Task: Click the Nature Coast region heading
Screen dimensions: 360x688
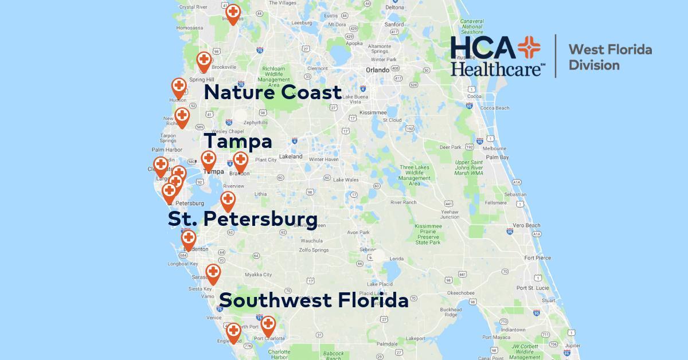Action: (x=272, y=92)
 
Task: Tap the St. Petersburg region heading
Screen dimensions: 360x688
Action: (x=243, y=218)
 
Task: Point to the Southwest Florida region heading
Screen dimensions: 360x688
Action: (x=314, y=300)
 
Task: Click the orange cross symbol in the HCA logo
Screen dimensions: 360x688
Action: (x=529, y=49)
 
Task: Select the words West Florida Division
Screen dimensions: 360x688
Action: (x=609, y=57)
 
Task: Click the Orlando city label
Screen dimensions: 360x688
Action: (x=377, y=70)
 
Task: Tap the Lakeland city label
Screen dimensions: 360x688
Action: (x=291, y=156)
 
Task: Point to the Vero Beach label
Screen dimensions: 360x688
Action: (x=527, y=225)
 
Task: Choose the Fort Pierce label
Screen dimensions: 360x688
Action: (x=538, y=258)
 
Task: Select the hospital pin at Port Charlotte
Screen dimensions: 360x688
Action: (x=268, y=325)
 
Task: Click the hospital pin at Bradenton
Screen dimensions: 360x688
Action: (x=188, y=239)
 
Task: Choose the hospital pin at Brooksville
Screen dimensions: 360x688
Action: (x=204, y=60)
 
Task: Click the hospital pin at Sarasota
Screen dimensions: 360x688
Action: (x=213, y=272)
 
